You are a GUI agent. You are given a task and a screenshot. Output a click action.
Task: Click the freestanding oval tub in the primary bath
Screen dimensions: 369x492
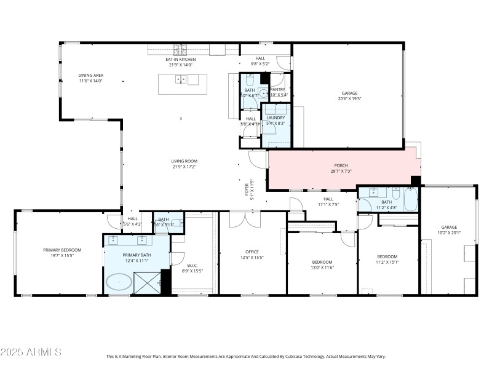(118, 282)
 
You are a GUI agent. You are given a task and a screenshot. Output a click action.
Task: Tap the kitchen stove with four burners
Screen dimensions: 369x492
(180, 50)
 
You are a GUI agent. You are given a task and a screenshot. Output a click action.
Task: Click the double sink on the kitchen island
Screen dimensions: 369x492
(181, 79)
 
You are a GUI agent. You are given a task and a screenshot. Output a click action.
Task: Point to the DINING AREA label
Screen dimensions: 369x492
(90, 76)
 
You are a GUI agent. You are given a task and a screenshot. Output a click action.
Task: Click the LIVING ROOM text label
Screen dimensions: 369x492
(184, 161)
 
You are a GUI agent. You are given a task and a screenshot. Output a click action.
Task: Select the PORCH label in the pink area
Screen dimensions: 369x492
(341, 165)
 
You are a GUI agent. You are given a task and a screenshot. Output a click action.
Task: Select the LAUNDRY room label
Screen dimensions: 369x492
(276, 117)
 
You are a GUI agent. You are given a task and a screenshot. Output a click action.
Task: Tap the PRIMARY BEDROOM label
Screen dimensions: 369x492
(62, 250)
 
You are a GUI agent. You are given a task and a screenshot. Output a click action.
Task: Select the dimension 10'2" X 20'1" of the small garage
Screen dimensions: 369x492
(449, 232)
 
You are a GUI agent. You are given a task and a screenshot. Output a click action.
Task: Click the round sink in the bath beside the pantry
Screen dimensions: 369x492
(263, 94)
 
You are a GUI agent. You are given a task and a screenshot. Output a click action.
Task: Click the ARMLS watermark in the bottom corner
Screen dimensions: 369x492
(31, 352)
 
